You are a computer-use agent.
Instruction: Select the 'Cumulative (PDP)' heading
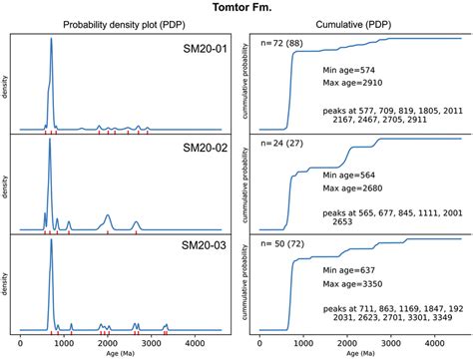coord(352,25)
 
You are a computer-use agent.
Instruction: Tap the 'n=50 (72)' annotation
coord(286,243)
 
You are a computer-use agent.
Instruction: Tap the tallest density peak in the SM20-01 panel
coord(51,42)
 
